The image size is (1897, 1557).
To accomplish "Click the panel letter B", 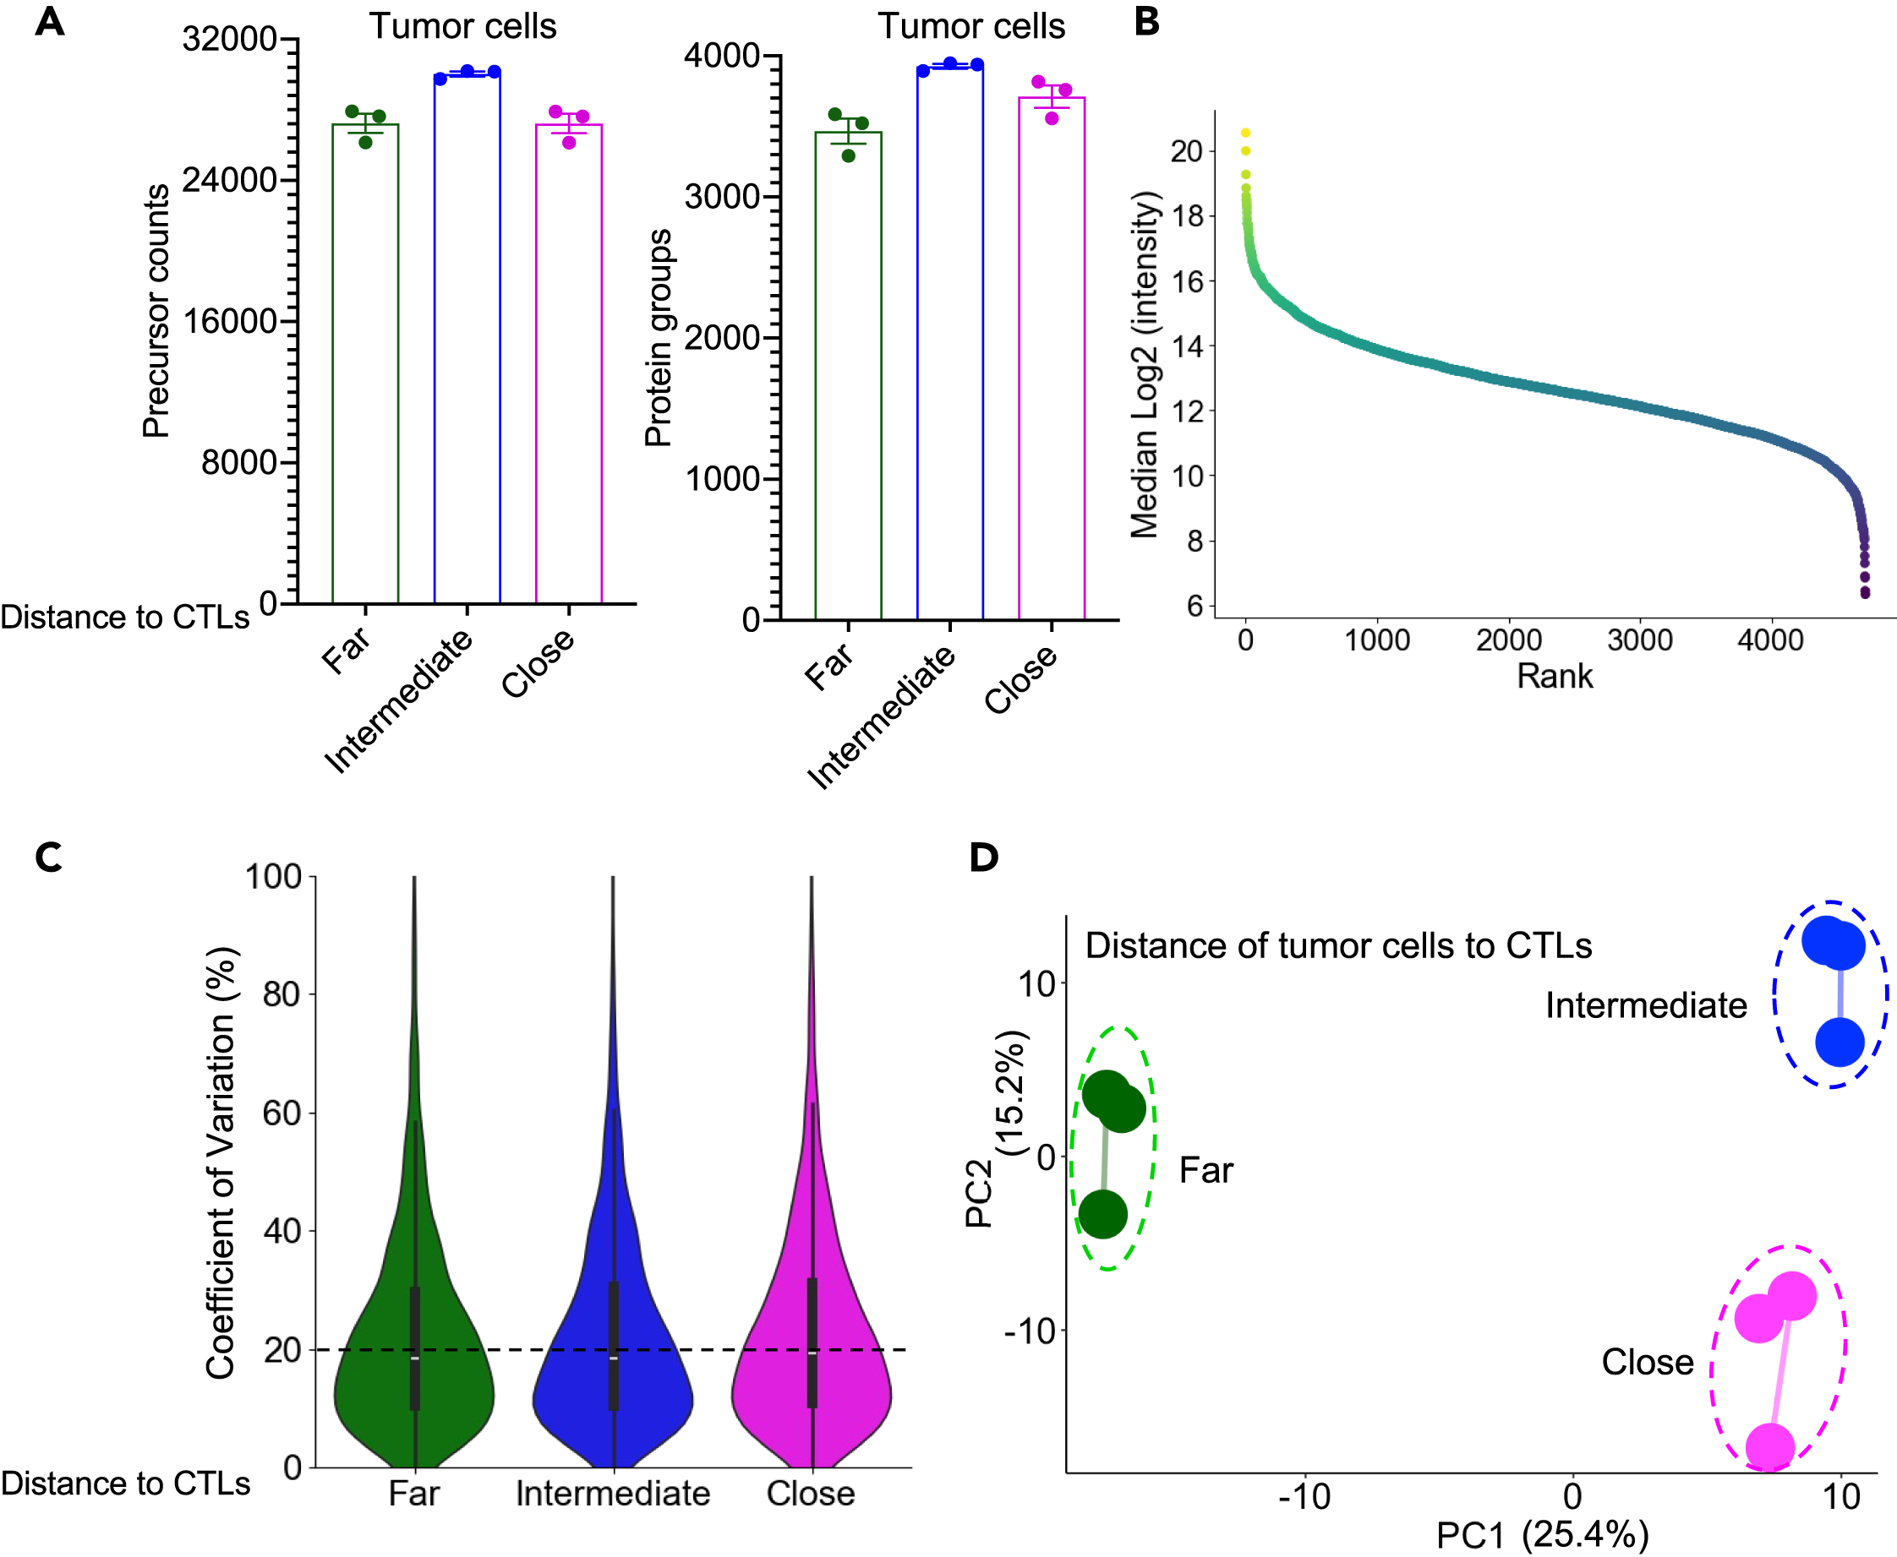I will (1146, 21).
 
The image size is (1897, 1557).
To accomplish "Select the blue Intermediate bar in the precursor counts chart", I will (467, 340).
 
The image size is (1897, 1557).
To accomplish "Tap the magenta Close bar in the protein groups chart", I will (1051, 359).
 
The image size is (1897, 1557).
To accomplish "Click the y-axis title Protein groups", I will (658, 337).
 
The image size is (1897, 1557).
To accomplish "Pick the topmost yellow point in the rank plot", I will (1244, 133).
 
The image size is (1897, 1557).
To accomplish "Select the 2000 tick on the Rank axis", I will (1507, 640).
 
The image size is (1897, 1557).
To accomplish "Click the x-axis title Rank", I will (1555, 676).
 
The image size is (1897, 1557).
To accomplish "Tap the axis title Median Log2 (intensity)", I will (1144, 363).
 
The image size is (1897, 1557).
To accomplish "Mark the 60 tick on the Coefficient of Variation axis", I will (281, 1113).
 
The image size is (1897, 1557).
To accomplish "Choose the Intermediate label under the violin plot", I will (612, 1494).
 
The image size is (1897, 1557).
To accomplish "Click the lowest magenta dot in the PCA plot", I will (1769, 1447).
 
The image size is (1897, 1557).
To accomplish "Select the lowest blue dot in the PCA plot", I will (1839, 1043).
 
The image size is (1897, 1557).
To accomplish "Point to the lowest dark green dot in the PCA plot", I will (1102, 1213).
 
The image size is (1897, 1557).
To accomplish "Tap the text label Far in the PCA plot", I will (1205, 1170).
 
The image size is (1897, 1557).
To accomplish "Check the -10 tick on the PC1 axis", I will (1304, 1496).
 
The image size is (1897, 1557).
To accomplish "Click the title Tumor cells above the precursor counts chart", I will (462, 26).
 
